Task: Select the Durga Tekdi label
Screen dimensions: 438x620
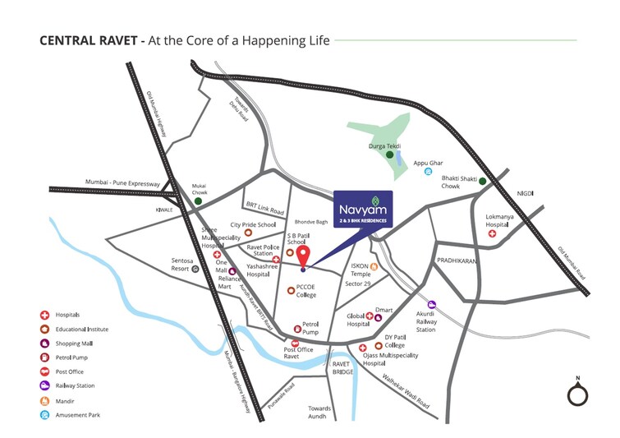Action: [x=383, y=145]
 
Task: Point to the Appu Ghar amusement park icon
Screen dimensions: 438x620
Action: [x=428, y=171]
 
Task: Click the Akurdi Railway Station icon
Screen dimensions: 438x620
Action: [x=432, y=304]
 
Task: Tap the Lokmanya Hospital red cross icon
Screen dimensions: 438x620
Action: [x=493, y=234]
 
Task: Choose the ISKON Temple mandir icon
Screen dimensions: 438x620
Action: [x=374, y=267]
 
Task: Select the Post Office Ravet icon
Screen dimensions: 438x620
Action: [x=295, y=343]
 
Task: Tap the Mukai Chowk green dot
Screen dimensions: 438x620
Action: [x=198, y=201]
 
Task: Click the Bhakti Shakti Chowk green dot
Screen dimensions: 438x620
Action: [x=483, y=182]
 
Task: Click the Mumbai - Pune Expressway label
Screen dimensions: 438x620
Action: [x=122, y=183]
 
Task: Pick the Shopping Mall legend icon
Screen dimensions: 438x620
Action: [x=44, y=343]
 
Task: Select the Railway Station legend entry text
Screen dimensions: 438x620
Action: [x=75, y=385]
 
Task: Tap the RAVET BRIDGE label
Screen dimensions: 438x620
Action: [x=342, y=367]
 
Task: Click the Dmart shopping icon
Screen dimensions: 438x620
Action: [x=379, y=317]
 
